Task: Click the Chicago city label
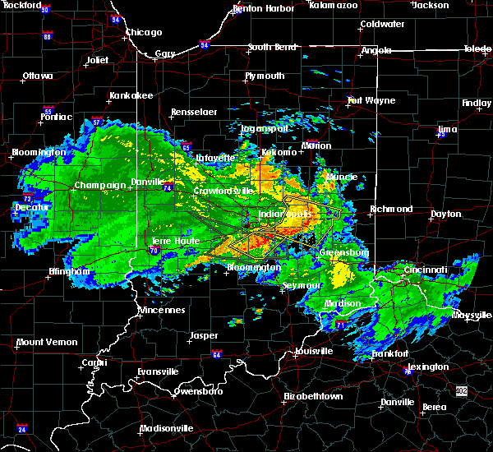pos(144,33)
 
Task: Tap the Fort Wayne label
pos(366,101)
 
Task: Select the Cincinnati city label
pos(426,270)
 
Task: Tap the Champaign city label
pos(100,185)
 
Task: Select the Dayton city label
pos(446,214)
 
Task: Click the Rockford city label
pos(21,5)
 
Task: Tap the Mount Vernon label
pos(47,342)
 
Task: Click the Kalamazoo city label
pos(334,5)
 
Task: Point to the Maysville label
pos(472,315)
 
